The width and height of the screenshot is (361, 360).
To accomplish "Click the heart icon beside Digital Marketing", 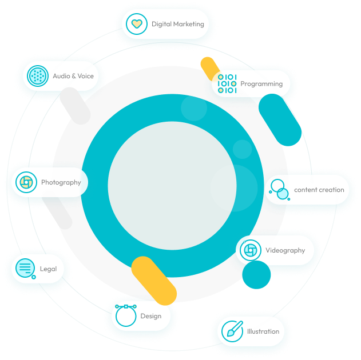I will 136,25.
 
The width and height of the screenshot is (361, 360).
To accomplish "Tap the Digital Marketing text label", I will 177,25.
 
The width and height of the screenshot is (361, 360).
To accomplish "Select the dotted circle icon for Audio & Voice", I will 37,76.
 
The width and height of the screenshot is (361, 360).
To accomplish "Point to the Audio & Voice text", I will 73,76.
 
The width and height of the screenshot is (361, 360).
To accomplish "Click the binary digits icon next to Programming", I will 227,84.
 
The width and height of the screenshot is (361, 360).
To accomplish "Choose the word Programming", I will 261,84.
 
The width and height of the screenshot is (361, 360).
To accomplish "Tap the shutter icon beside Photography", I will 26,183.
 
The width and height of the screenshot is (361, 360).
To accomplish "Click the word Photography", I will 61,183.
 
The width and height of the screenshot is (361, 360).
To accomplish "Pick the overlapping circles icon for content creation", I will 279,190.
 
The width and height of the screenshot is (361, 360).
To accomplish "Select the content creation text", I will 319,190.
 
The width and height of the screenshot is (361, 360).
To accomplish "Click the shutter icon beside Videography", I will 250,250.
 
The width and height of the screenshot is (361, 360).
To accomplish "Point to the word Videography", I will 285,250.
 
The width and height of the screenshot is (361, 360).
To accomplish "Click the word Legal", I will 48,269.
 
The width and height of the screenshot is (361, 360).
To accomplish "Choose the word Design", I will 151,316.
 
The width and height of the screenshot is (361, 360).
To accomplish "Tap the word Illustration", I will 263,331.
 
